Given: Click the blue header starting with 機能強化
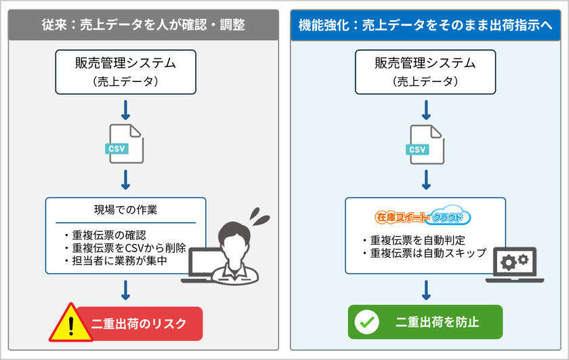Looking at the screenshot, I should (x=425, y=25).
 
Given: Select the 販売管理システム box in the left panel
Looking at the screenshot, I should (x=125, y=71).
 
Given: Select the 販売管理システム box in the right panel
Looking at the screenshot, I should (x=425, y=71).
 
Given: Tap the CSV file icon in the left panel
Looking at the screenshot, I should (x=125, y=142).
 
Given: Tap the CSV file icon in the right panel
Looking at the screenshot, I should (x=425, y=142).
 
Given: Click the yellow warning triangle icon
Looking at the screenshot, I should (x=70, y=321).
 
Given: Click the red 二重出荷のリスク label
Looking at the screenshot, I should (x=139, y=323).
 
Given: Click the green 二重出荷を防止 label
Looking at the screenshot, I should (x=425, y=322).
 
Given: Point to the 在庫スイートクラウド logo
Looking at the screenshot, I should (x=423, y=218).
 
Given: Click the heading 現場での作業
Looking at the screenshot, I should (x=125, y=209).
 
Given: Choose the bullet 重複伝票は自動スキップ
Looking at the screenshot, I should (x=423, y=254).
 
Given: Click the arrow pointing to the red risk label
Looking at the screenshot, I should (x=125, y=289).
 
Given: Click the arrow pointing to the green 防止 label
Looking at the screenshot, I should (x=425, y=289).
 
